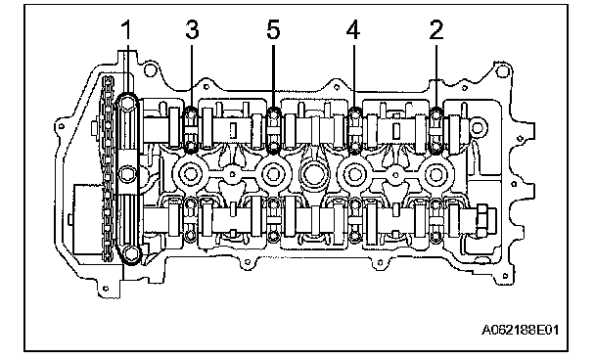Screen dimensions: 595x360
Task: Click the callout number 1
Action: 126,30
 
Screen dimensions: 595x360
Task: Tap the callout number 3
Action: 192,30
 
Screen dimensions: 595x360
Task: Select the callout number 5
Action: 273,30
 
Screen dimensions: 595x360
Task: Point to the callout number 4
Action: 353,30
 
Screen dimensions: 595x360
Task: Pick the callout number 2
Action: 436,30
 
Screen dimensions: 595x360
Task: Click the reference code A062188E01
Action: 521,330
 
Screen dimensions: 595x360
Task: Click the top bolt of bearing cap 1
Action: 128,103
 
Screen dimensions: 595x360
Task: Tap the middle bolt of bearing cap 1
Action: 127,174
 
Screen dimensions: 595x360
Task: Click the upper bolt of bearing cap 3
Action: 190,112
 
